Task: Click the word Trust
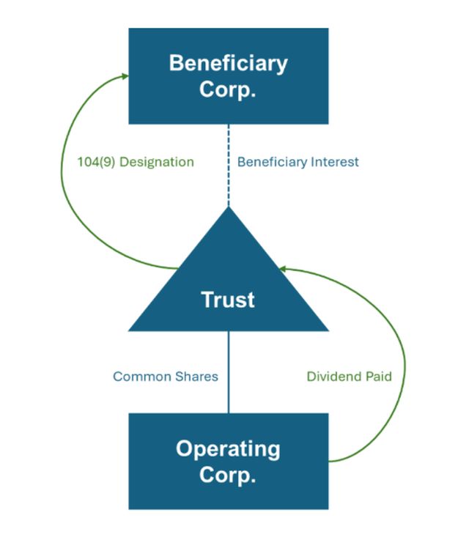tap(229, 300)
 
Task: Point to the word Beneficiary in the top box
tap(229, 63)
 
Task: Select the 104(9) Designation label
tap(136, 162)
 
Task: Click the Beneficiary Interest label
tap(298, 162)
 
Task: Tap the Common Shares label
tap(166, 377)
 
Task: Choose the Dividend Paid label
tap(349, 377)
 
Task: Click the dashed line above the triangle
tap(229, 165)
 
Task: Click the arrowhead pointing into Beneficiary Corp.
tap(125, 76)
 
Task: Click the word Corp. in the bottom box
tap(229, 475)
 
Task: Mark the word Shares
tap(196, 377)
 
